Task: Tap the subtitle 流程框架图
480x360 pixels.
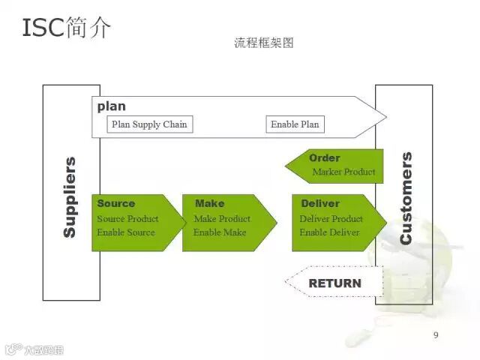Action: point(263,43)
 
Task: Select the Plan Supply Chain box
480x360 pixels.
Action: point(149,124)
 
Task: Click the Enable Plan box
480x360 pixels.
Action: point(295,124)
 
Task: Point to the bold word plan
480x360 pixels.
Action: point(112,106)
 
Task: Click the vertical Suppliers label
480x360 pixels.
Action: point(69,196)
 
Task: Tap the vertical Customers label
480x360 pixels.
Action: point(406,198)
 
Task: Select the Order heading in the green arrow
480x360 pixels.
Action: point(324,158)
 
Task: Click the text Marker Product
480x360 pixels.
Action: point(343,172)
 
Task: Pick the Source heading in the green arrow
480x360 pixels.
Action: point(116,203)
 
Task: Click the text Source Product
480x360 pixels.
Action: point(127,219)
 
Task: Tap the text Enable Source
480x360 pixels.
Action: point(126,232)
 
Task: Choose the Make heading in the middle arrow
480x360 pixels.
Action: point(209,203)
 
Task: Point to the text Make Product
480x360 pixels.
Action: point(222,219)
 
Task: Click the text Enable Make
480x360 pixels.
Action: point(220,232)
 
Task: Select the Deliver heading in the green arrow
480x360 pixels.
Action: point(320,203)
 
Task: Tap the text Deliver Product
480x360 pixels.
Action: point(331,219)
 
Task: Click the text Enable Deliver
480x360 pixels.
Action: point(329,232)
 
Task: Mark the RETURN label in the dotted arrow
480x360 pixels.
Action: point(334,283)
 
